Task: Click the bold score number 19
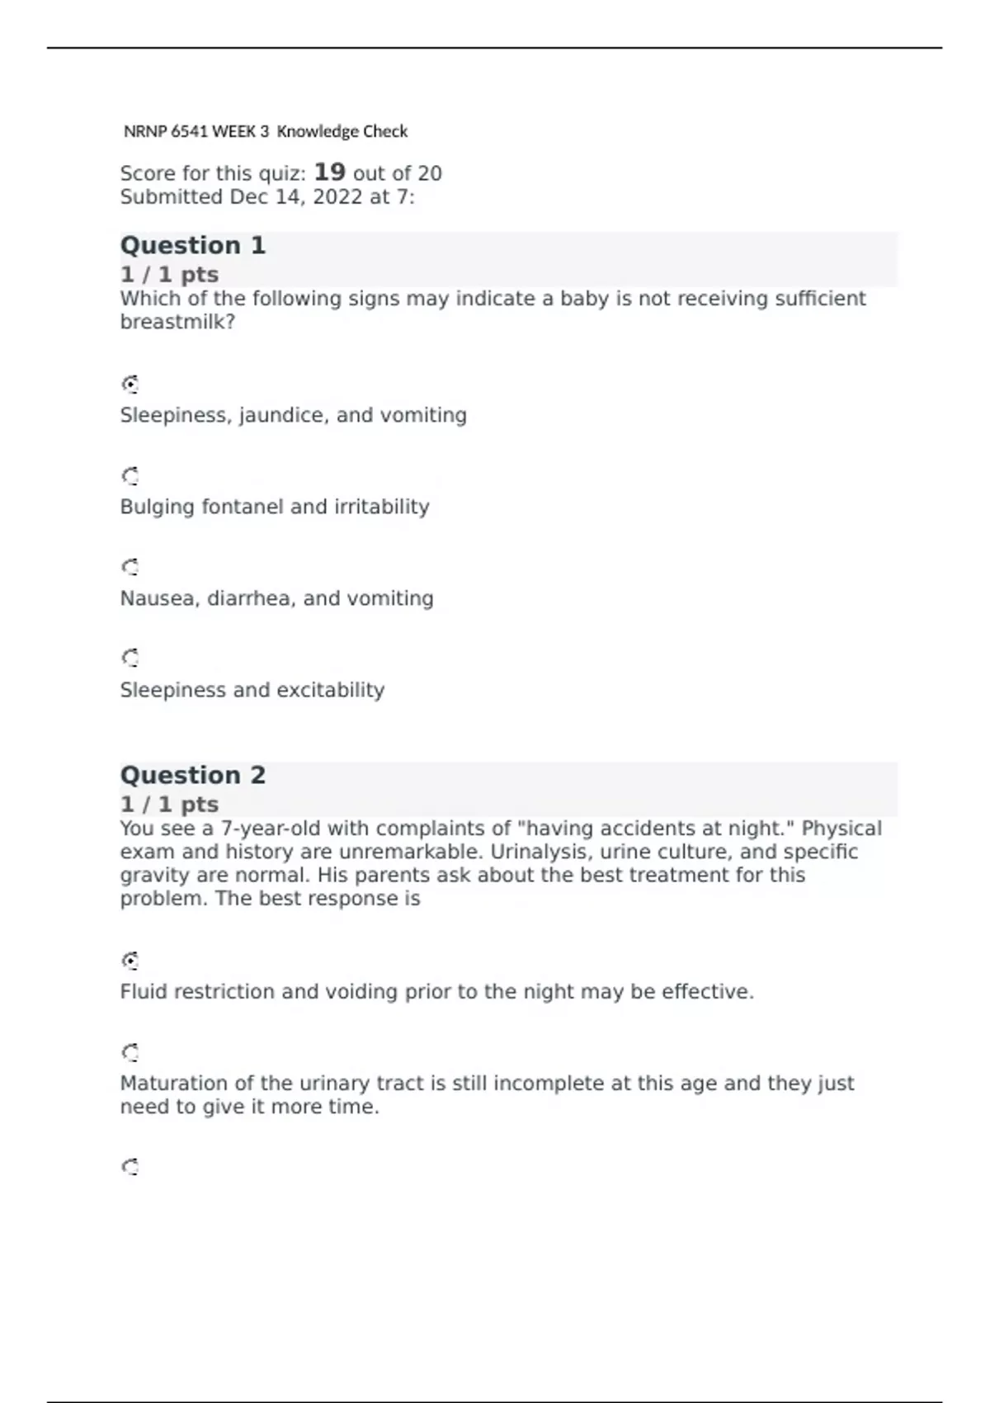329,172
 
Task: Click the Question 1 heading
193,245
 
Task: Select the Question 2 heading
193,775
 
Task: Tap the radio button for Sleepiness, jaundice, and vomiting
130,385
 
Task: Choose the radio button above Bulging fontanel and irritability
130,476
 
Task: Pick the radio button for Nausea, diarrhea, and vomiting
130,567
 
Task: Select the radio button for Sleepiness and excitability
130,658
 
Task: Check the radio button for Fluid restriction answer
130,961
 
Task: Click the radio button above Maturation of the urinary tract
130,1052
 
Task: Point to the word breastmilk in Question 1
177,322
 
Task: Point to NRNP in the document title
145,131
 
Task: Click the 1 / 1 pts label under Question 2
169,804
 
